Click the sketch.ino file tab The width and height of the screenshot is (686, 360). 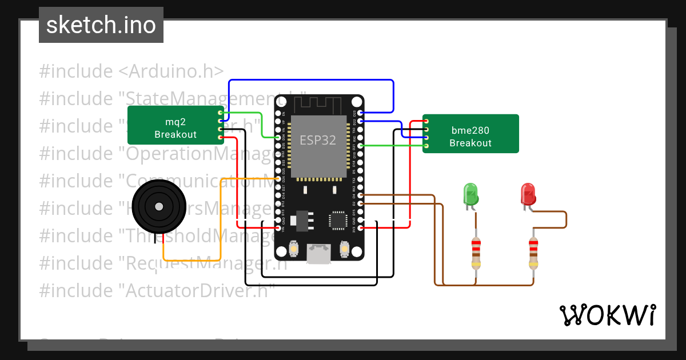tap(101, 25)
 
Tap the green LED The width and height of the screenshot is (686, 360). tap(470, 194)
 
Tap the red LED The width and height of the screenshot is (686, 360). tap(528, 194)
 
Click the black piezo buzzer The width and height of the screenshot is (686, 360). tap(158, 206)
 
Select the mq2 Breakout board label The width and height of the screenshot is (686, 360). tap(176, 129)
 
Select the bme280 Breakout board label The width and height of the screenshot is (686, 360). tap(470, 137)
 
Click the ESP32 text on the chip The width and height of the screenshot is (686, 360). tap(318, 139)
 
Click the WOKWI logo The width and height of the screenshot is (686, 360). tap(607, 315)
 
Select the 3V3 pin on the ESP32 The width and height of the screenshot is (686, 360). tap(360, 228)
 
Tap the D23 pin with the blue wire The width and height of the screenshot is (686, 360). tap(360, 113)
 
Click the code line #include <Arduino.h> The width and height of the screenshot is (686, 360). tap(131, 71)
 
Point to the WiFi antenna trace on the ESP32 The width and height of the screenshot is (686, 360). tap(318, 105)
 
